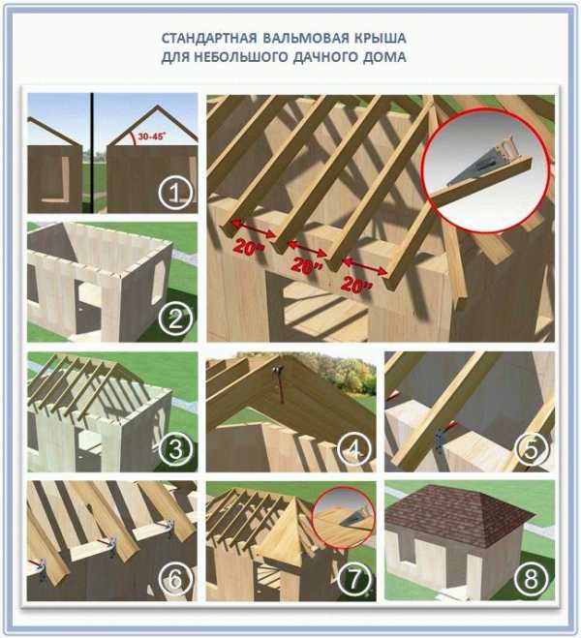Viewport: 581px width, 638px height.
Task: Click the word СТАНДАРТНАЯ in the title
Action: pos(209,39)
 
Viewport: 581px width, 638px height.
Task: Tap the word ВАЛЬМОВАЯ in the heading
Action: pos(306,39)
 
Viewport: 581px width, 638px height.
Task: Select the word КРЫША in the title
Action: pos(381,39)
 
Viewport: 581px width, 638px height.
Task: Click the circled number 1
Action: pos(175,194)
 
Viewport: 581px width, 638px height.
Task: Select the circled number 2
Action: pos(175,319)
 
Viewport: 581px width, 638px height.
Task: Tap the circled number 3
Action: pos(175,449)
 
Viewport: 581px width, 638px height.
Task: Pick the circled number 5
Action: pos(532,449)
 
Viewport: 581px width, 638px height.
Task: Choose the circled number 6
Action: pos(175,579)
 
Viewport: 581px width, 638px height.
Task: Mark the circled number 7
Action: pos(354,579)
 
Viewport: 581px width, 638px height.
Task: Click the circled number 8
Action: pos(532,579)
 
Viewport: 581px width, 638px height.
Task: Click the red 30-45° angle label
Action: pos(151,137)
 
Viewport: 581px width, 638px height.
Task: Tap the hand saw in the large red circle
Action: pos(479,162)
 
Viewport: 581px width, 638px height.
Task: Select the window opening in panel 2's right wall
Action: pos(157,282)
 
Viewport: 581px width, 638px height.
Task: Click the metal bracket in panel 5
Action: pos(440,441)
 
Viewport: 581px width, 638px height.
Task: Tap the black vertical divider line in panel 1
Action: pos(92,153)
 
